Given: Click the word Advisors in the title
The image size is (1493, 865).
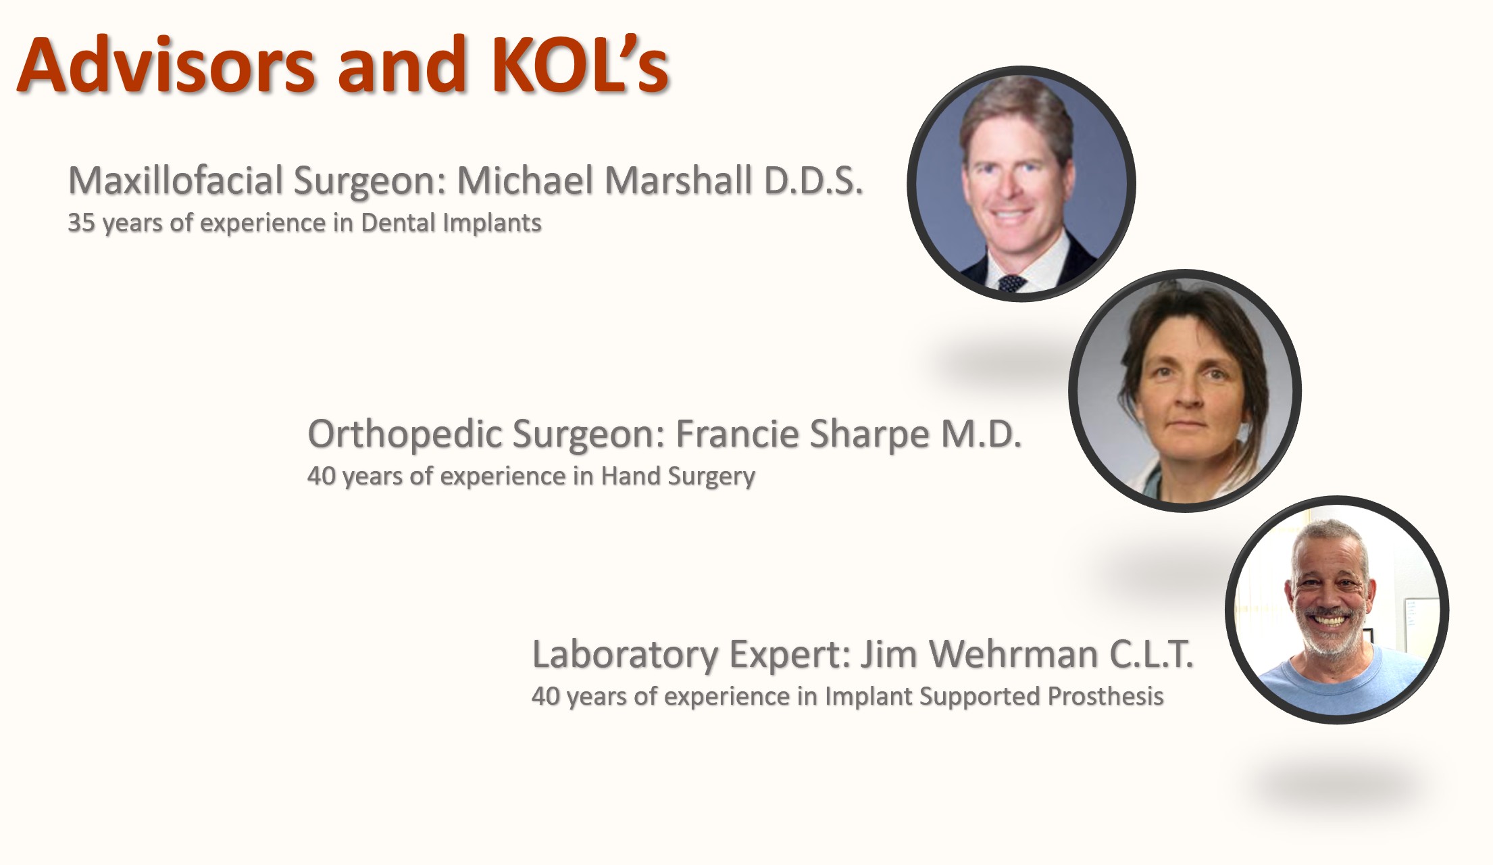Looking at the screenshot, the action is tap(166, 65).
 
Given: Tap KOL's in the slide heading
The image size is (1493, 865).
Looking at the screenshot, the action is tap(580, 65).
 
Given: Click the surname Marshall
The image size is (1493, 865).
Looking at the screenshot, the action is tap(678, 180).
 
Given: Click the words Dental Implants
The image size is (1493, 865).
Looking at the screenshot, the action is tap(451, 222).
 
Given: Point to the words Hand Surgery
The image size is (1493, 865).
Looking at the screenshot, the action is tap(678, 476).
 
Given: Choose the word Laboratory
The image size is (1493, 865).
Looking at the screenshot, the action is tap(625, 654).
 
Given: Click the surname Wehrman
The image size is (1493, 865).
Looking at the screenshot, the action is tap(1013, 654).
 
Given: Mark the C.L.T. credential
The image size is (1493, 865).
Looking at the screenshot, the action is tap(1151, 654).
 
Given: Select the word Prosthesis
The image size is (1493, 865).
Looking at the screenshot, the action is tap(1105, 696).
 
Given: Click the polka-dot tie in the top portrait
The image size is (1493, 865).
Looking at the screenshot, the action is tap(1011, 283).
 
